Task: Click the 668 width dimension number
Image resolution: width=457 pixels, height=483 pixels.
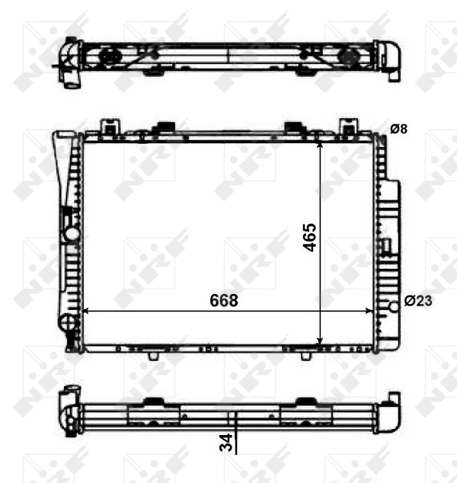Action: pyautogui.click(x=224, y=300)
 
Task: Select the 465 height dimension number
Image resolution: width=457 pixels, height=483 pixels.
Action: pyautogui.click(x=309, y=238)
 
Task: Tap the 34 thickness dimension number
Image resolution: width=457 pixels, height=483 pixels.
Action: pyautogui.click(x=225, y=443)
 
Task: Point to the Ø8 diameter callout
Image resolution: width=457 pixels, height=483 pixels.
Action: pyautogui.click(x=399, y=129)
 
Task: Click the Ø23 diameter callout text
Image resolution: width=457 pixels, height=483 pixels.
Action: pyautogui.click(x=418, y=301)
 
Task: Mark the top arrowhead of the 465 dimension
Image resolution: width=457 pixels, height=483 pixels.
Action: pyautogui.click(x=320, y=145)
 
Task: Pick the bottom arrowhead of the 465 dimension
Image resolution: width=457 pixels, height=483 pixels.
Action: pyautogui.click(x=320, y=340)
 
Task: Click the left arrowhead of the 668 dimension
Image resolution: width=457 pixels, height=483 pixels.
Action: pyautogui.click(x=86, y=311)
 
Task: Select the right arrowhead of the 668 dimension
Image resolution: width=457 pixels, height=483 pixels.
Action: pyautogui.click(x=369, y=311)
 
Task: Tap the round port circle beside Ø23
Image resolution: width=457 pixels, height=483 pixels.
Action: pyautogui.click(x=395, y=306)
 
